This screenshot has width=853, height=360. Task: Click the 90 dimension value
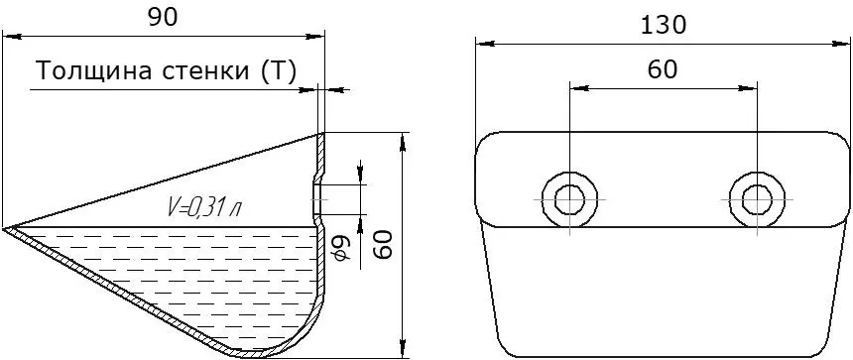pos(163,18)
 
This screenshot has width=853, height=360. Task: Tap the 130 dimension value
pos(663,25)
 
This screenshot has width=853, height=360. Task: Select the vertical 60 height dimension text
pos(385,244)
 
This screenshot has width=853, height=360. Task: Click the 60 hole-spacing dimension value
pos(663,69)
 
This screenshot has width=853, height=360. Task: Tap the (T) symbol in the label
pos(279,71)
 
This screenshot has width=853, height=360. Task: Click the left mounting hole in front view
pos(569,199)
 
